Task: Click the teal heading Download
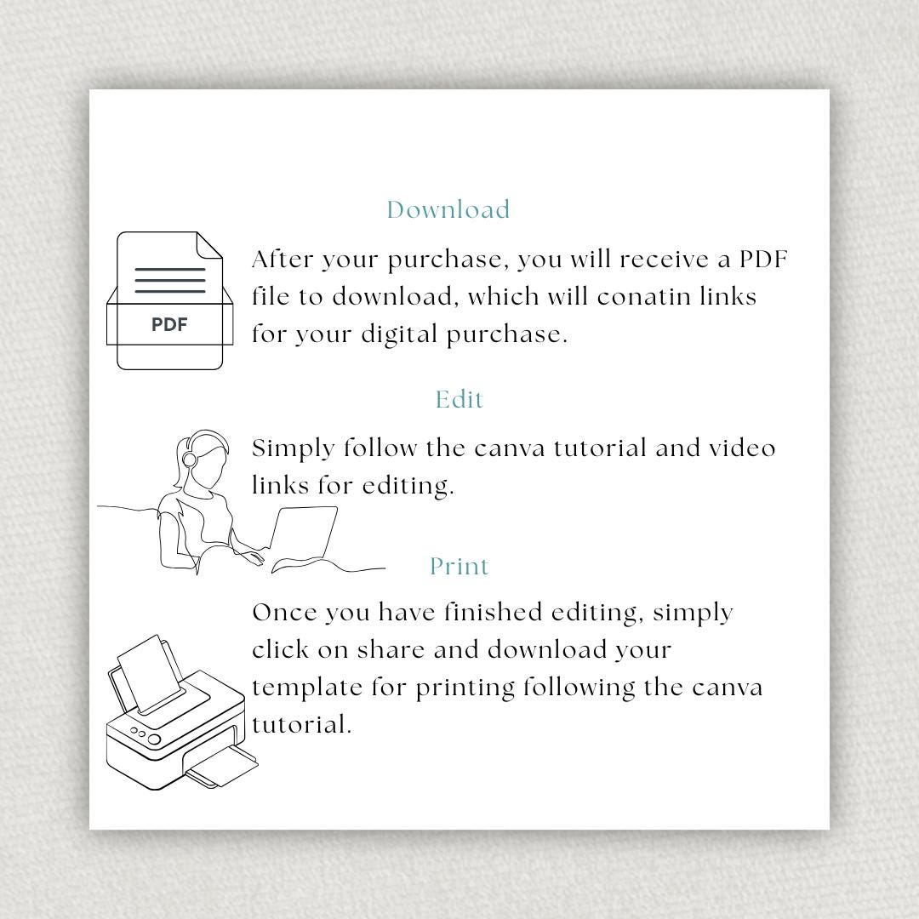pyautogui.click(x=448, y=210)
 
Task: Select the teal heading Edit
pyautogui.click(x=459, y=400)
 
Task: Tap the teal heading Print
pyautogui.click(x=459, y=567)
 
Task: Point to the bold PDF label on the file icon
pyautogui.click(x=169, y=324)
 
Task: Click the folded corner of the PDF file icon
pyautogui.click(x=209, y=245)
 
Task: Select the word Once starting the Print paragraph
pyautogui.click(x=284, y=613)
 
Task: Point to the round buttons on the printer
pyautogui.click(x=145, y=736)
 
